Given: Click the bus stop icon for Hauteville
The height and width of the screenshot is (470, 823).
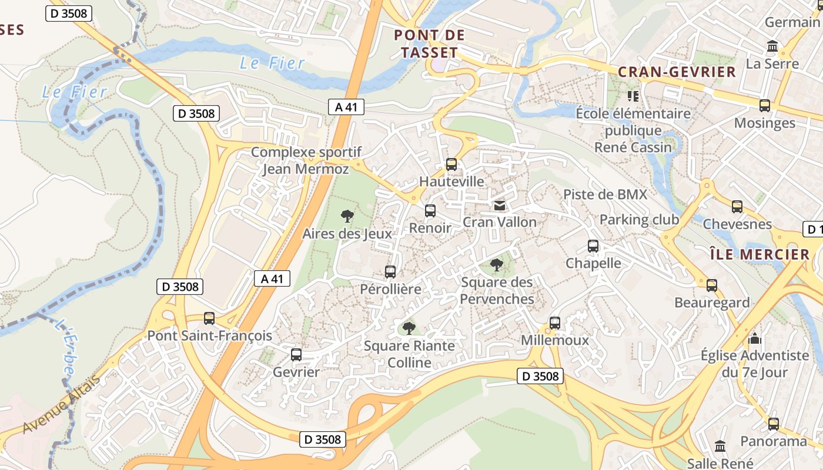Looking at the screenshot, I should tap(451, 164).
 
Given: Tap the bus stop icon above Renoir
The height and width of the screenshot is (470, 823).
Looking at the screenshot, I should tap(430, 211).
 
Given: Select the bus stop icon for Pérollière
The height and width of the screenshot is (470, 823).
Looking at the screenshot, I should tap(390, 272).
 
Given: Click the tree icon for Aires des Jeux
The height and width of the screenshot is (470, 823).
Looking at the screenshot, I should tap(347, 216).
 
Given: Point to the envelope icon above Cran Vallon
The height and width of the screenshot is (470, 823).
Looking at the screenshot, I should tap(499, 205).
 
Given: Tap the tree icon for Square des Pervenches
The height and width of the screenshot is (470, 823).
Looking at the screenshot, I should tap(497, 265).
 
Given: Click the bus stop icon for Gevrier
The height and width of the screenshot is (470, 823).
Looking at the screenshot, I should tap(296, 355).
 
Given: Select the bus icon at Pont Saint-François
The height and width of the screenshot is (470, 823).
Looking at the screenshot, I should tap(209, 318).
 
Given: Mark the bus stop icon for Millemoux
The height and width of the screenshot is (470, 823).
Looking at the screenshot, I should tap(555, 323).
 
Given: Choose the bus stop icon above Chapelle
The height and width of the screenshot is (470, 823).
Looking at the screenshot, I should tap(593, 246).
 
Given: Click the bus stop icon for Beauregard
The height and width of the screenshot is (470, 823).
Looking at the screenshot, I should tap(712, 286).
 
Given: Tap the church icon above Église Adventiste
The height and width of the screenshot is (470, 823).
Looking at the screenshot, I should tap(755, 338).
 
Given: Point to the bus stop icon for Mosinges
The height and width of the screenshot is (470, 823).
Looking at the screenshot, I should tap(765, 106).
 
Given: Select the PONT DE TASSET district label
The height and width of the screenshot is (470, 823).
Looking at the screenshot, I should tap(429, 44).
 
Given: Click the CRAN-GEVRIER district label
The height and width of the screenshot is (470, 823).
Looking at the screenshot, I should tap(677, 72).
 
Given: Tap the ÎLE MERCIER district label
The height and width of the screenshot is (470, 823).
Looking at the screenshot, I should tap(759, 254).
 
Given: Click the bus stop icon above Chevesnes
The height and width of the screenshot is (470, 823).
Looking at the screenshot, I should tap(737, 207).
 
